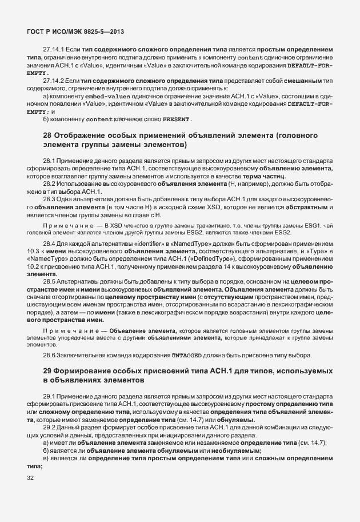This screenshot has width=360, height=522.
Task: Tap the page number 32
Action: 30,477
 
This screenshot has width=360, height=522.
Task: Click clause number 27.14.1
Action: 54,51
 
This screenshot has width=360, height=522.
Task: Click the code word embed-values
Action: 95,98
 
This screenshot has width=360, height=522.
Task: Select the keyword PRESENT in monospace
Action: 177,119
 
